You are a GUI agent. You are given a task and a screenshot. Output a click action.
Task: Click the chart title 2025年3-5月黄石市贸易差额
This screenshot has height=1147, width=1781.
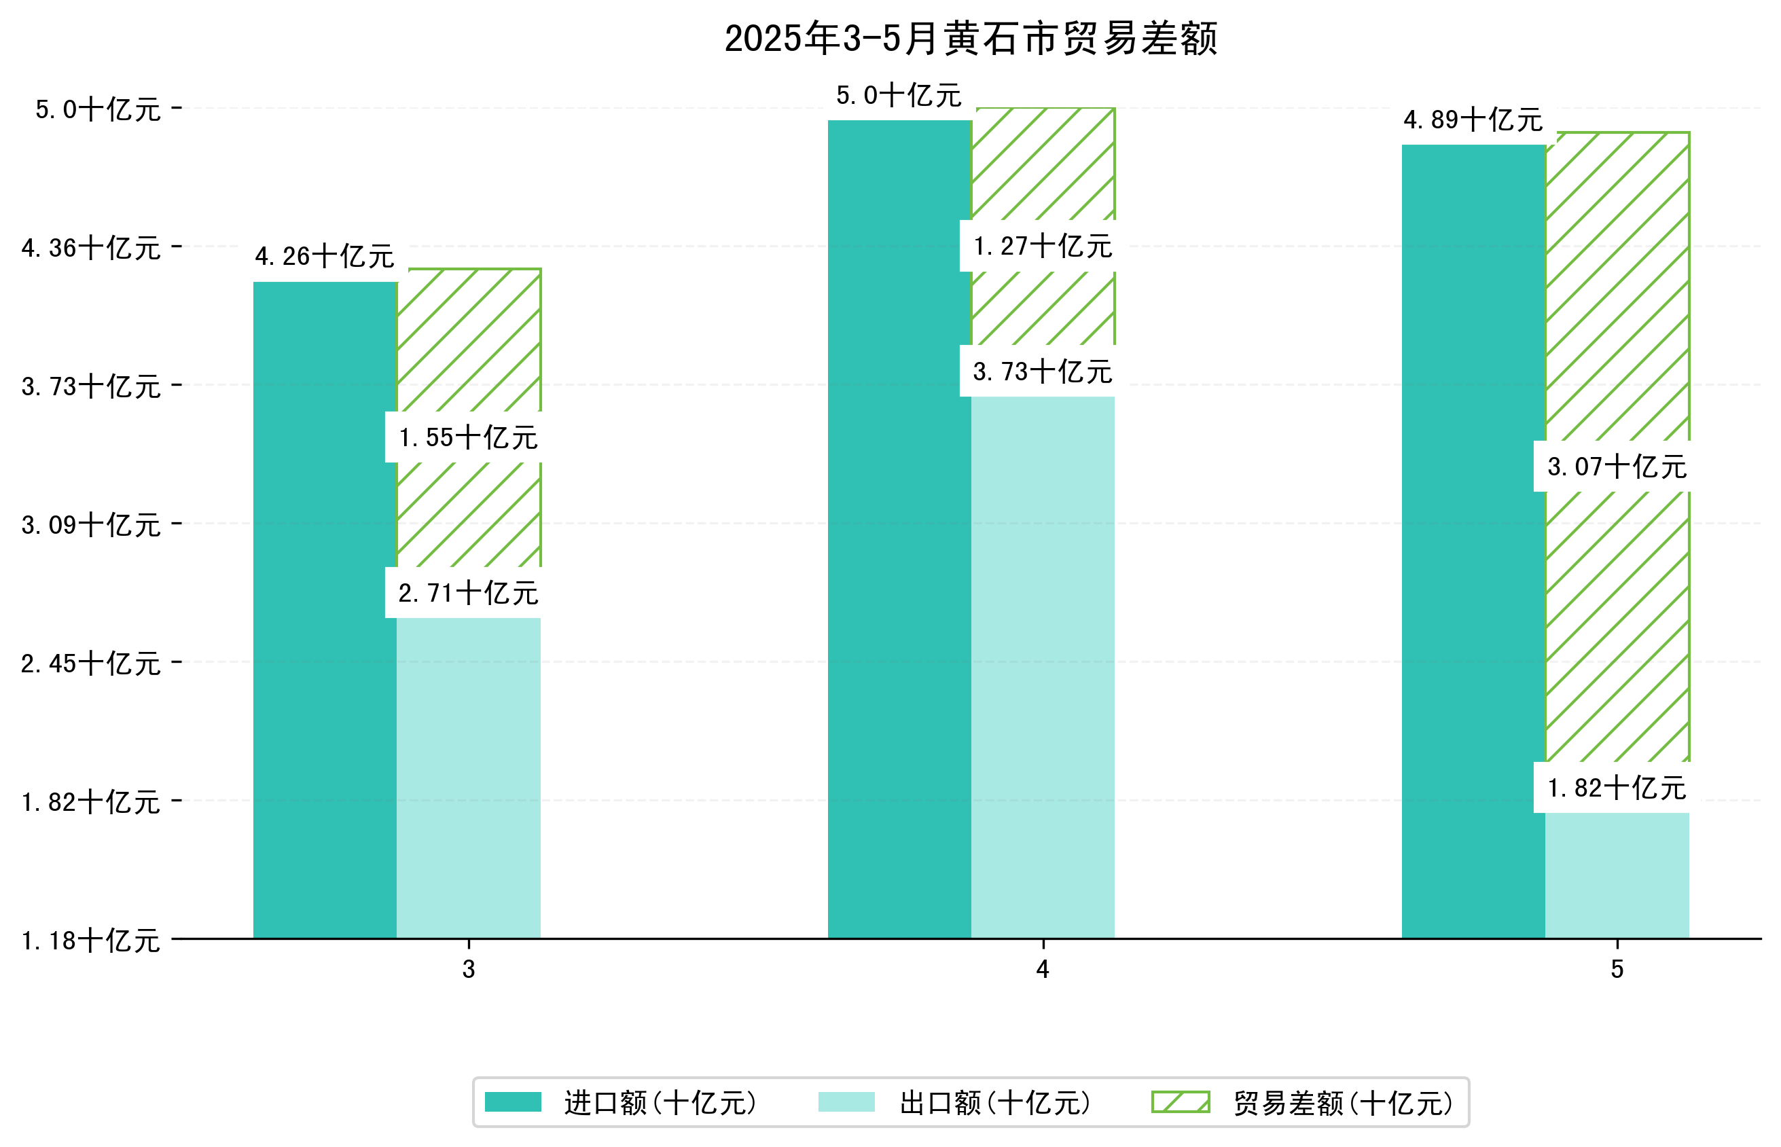(970, 39)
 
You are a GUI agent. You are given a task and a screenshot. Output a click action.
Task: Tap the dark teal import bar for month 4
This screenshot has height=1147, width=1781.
(899, 529)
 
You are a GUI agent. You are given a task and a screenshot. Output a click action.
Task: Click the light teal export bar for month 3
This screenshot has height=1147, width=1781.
(468, 778)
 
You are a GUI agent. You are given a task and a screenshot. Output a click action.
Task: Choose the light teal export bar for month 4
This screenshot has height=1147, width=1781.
(1042, 667)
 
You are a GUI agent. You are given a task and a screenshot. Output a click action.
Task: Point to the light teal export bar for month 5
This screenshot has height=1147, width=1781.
(1617, 875)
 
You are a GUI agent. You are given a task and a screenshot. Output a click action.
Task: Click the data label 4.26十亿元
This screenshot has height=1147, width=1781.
(324, 256)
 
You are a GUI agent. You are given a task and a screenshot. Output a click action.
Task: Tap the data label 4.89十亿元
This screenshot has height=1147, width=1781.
(1472, 119)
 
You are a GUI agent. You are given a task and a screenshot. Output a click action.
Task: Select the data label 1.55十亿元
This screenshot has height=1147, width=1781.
(468, 437)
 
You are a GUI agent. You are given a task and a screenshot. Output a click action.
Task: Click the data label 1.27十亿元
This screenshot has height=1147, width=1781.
(1042, 246)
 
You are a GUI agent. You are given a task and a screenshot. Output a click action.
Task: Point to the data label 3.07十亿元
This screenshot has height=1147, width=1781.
(1617, 467)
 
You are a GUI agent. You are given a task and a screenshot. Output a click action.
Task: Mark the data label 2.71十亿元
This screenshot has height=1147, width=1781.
(468, 593)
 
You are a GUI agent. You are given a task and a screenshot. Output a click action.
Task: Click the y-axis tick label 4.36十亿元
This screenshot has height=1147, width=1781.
(91, 248)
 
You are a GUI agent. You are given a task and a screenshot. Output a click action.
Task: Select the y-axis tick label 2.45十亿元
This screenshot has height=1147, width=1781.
(91, 663)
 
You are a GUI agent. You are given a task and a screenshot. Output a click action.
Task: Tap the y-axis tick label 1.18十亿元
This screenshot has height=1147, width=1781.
(91, 940)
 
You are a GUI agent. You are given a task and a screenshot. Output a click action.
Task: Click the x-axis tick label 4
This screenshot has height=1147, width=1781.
(1042, 969)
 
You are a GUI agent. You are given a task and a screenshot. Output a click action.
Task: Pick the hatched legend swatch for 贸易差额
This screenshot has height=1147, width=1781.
(1180, 1102)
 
